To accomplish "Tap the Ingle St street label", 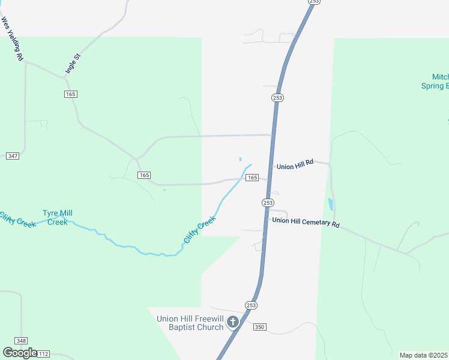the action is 73,64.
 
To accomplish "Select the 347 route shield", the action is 12,156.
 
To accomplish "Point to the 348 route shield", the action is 21,341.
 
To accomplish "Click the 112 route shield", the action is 43,354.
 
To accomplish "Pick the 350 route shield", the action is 259,327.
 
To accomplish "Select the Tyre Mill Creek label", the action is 58,217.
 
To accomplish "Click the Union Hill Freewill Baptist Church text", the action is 189,323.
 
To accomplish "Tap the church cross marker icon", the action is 233,323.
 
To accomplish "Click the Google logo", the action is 20,353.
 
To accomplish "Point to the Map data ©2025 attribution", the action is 424,355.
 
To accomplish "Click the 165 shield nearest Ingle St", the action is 71,94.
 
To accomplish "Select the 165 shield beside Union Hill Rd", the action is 252,178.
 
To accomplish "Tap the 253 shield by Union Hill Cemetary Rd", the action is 268,203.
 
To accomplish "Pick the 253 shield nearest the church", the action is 251,305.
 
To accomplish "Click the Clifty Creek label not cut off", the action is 199,230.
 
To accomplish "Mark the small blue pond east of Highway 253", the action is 330,204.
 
